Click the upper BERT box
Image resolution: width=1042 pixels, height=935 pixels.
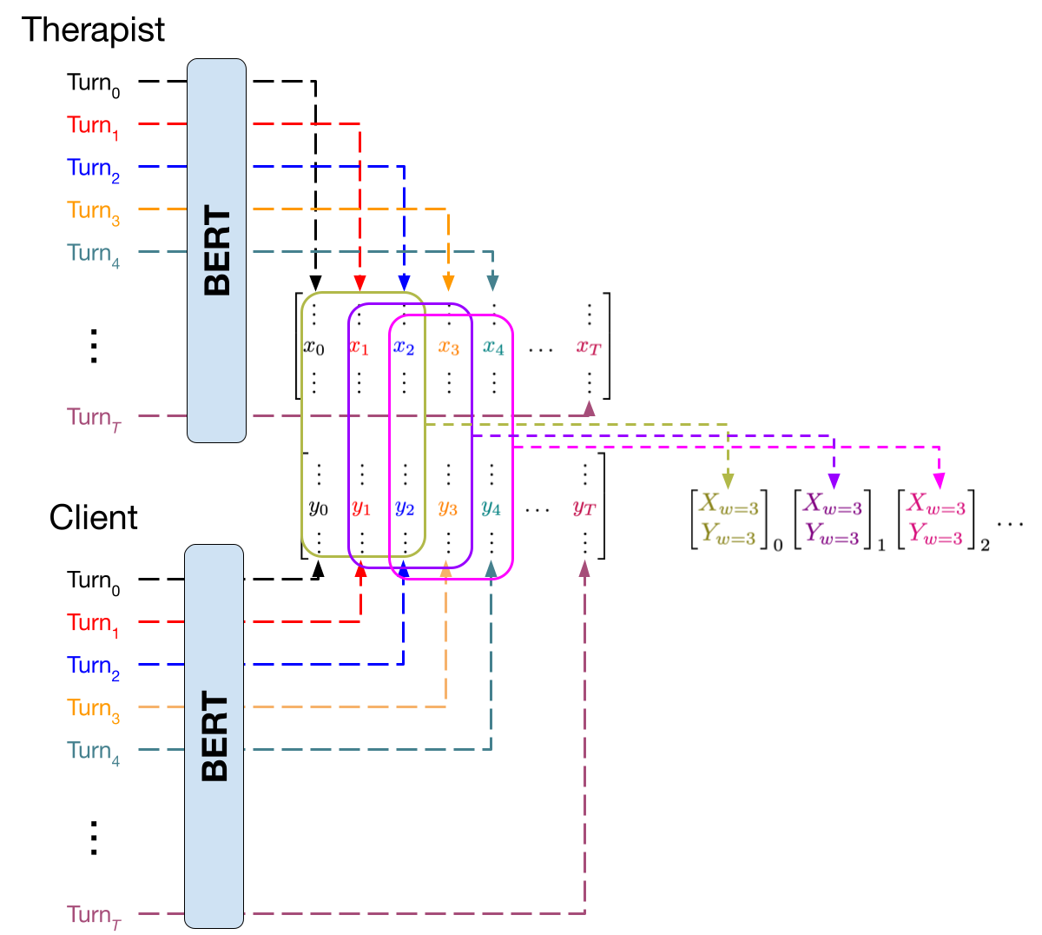pos(216,250)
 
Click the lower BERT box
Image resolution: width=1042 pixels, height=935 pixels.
pos(214,735)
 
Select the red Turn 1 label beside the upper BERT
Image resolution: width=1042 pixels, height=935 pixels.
pos(93,127)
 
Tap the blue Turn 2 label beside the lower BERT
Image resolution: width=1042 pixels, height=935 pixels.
pos(93,667)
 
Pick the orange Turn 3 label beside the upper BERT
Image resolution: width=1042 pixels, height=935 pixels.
pos(93,212)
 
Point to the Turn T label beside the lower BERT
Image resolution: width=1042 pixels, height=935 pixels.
pos(93,916)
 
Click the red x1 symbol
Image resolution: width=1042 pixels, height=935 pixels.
pos(359,348)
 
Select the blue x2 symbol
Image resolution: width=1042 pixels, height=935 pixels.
pos(404,348)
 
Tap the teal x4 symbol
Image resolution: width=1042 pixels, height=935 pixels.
pos(493,348)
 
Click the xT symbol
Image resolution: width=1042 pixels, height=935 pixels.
pos(589,348)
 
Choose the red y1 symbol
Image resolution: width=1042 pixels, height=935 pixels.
pos(361,507)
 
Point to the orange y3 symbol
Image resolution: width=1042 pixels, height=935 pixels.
pos(447,507)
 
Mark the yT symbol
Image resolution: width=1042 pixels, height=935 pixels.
pos(584,508)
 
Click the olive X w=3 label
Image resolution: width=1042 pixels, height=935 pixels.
pos(729,504)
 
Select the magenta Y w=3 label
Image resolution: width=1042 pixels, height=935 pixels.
pos(935,534)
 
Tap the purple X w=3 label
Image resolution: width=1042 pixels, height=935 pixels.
pos(832,504)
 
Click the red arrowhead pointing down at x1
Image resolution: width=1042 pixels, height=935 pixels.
pos(359,283)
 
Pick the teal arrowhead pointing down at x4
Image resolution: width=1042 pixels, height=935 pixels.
pos(492,283)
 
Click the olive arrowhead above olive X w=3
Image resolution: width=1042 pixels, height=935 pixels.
pos(728,481)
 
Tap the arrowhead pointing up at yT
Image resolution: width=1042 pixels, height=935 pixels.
pos(584,568)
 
